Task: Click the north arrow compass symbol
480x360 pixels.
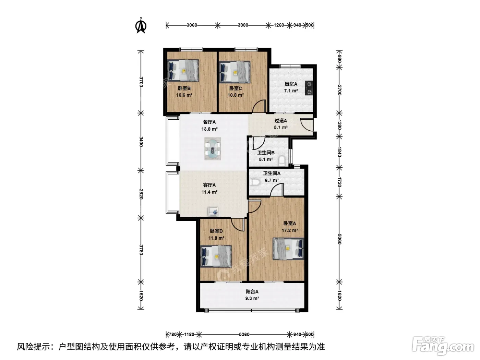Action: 141,26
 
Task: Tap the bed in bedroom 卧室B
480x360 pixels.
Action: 183,70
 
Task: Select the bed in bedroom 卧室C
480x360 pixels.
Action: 235,72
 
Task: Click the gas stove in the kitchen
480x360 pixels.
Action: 309,88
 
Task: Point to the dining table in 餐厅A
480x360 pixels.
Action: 213,148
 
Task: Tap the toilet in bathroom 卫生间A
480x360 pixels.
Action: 254,182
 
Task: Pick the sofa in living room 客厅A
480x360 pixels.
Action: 213,211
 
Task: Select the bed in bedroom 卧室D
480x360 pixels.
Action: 216,256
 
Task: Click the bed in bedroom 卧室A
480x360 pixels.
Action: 288,249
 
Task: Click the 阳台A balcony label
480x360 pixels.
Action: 252,291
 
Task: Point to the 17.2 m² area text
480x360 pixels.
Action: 289,230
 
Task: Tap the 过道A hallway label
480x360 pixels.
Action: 280,120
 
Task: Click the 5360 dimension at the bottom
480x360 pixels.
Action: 244,334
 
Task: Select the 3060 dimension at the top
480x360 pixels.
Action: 192,25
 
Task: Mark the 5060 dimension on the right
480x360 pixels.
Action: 339,239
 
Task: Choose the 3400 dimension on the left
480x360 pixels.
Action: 141,142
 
